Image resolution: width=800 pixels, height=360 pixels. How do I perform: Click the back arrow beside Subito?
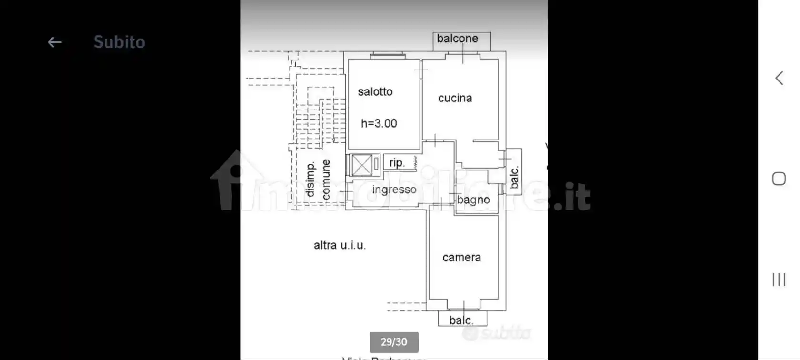pyautogui.click(x=55, y=42)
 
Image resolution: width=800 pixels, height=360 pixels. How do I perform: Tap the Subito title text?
pyautogui.click(x=119, y=42)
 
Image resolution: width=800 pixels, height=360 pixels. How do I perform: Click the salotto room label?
pyautogui.click(x=375, y=91)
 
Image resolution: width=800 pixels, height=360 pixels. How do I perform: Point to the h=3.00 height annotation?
pyautogui.click(x=379, y=123)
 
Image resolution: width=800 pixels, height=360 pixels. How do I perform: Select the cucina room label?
pyautogui.click(x=455, y=98)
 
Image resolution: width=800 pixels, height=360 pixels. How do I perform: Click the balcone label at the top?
pyautogui.click(x=457, y=39)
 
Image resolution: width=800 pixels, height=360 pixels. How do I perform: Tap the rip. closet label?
pyautogui.click(x=397, y=163)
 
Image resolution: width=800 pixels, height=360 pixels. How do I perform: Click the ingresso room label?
pyautogui.click(x=394, y=190)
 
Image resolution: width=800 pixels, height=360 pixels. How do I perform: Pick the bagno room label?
pyautogui.click(x=473, y=200)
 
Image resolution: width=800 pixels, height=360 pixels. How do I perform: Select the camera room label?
pyautogui.click(x=461, y=258)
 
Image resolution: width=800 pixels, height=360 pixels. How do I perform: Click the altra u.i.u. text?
pyautogui.click(x=340, y=245)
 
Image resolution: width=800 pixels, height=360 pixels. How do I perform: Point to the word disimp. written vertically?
pyautogui.click(x=310, y=179)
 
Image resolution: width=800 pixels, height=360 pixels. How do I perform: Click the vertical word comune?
pyautogui.click(x=326, y=179)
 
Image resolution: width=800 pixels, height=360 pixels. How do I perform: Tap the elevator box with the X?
pyautogui.click(x=361, y=165)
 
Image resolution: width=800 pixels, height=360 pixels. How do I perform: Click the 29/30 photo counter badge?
pyautogui.click(x=394, y=342)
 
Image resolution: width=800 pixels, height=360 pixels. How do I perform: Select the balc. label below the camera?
pyautogui.click(x=461, y=320)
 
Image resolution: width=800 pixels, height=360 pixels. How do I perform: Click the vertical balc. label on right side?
pyautogui.click(x=514, y=177)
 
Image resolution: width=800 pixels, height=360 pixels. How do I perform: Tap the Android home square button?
pyautogui.click(x=779, y=179)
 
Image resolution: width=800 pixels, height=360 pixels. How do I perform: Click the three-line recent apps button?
pyautogui.click(x=779, y=280)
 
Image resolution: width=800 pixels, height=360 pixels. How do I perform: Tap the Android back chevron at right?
pyautogui.click(x=779, y=78)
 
